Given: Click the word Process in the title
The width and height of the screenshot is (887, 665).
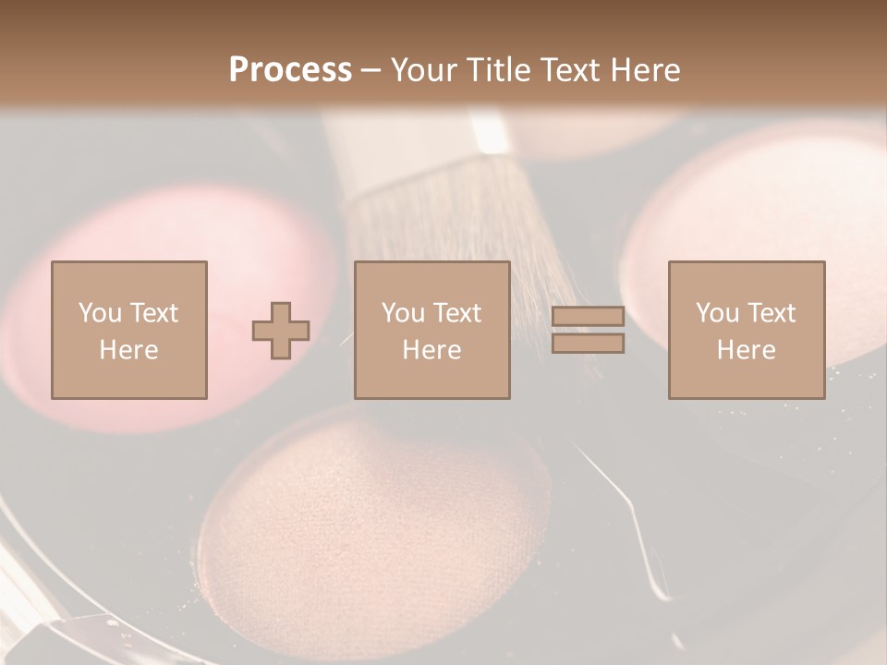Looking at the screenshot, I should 290,70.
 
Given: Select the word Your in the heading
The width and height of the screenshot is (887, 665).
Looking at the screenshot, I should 425,70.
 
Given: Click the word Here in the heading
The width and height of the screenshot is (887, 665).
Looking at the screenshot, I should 644,70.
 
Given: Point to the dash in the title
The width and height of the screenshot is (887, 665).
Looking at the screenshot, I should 371,71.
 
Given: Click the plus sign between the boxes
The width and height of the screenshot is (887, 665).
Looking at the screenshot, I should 281,331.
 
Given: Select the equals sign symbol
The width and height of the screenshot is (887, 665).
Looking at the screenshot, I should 588,331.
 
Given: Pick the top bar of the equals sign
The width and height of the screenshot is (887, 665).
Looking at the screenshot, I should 588,318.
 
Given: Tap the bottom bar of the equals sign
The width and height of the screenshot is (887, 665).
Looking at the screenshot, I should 588,344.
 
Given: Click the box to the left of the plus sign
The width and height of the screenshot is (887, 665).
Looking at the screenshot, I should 129,330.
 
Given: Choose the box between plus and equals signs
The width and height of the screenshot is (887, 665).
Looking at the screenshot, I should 432,330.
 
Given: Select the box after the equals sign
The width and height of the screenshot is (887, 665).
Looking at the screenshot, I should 747,330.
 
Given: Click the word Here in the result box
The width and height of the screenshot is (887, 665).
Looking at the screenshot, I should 747,350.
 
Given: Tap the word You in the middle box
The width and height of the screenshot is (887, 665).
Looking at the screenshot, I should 403,313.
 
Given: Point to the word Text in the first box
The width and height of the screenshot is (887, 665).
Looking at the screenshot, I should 153,313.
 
